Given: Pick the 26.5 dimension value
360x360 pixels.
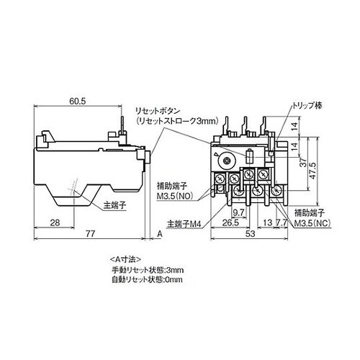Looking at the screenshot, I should point(230,223).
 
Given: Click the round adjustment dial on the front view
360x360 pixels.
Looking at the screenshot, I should point(229,160).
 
